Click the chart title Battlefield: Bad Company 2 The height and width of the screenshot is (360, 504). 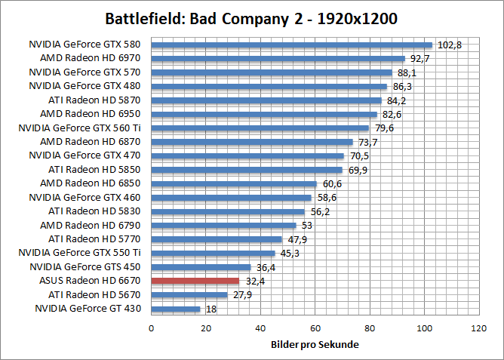251,18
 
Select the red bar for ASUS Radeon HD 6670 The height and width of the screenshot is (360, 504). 195,281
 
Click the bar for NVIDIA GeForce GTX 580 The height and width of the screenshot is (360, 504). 291,45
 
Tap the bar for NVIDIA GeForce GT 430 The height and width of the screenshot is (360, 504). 176,309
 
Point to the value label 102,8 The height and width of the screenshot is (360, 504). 450,45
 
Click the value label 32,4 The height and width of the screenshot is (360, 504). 255,281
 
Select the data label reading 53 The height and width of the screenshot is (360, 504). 306,226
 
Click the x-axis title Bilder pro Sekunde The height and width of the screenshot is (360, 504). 315,345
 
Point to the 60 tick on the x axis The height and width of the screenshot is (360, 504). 315,329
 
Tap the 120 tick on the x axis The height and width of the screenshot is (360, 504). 478,329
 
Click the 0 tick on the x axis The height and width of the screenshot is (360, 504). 152,329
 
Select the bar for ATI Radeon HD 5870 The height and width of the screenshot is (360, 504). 266,100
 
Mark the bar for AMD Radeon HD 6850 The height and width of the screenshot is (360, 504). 234,183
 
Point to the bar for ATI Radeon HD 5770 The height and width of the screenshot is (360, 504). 217,239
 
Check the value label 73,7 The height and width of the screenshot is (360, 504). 367,142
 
